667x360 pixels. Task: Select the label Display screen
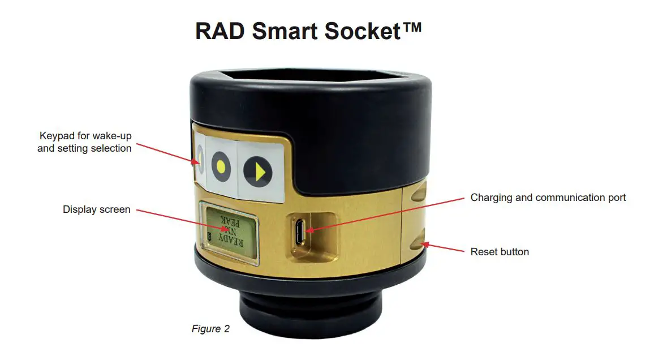(x=96, y=209)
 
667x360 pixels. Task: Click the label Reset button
(x=500, y=251)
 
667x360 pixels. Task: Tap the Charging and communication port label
(x=548, y=198)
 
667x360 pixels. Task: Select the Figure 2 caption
(x=210, y=329)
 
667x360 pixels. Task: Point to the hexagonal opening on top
(x=308, y=79)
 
